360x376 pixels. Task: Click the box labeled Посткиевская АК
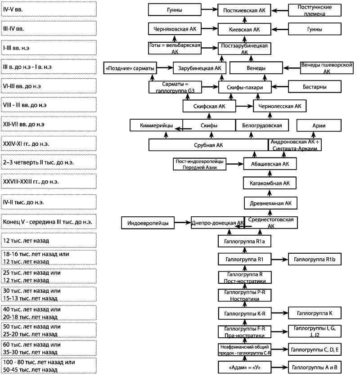[x=244, y=10]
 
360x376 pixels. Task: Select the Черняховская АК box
[x=175, y=29]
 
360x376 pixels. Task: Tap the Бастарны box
[x=315, y=86]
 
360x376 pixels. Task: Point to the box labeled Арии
[x=319, y=125]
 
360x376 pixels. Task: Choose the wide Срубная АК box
[x=208, y=145]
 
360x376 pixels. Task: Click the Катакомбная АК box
[x=270, y=183]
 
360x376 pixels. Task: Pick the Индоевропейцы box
[x=148, y=223]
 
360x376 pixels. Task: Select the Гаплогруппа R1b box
[x=315, y=259]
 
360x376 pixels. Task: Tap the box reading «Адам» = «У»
[x=244, y=367]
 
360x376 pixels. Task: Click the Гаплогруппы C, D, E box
[x=315, y=349]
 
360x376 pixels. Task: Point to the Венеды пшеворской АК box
[x=327, y=68]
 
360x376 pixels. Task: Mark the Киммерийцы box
[x=156, y=125]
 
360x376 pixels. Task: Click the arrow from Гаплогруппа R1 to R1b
[x=279, y=259]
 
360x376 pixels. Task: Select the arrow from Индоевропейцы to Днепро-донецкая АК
[x=183, y=223]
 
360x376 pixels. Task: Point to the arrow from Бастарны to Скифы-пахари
[x=279, y=86]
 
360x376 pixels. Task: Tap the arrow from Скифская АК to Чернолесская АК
[x=244, y=106]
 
